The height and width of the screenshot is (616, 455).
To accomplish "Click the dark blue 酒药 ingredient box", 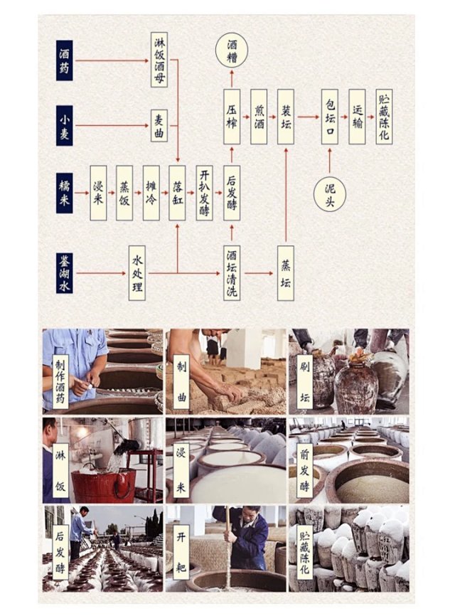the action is tap(65, 60).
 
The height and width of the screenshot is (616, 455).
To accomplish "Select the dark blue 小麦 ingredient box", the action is tap(65, 125).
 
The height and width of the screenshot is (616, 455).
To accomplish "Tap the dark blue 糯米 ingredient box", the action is tap(65, 193).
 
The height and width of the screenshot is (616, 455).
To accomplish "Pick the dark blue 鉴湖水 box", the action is tap(65, 272).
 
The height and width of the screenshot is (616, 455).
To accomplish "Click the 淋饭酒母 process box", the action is tap(159, 60).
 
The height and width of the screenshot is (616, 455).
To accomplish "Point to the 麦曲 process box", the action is tap(159, 126).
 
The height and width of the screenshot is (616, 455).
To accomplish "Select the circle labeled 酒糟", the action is tap(232, 50).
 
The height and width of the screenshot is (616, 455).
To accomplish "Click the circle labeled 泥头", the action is tap(330, 195).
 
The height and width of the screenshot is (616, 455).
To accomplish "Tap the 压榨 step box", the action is tap(232, 117).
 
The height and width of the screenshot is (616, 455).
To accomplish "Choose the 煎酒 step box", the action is tap(259, 117).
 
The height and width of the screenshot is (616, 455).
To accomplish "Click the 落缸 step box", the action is tap(178, 193).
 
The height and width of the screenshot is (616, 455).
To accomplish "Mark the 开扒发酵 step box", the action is tap(205, 193).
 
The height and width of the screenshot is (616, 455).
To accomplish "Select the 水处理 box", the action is tap(137, 273).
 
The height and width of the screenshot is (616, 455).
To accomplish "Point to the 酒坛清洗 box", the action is tap(232, 273).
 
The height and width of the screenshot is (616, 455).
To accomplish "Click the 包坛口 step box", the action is tap(330, 117).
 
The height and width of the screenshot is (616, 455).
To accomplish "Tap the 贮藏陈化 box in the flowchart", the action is tap(384, 117).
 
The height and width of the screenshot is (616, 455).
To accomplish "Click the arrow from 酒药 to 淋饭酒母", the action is tap(112, 60).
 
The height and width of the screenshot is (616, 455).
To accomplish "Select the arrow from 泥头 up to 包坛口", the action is tap(330, 160).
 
